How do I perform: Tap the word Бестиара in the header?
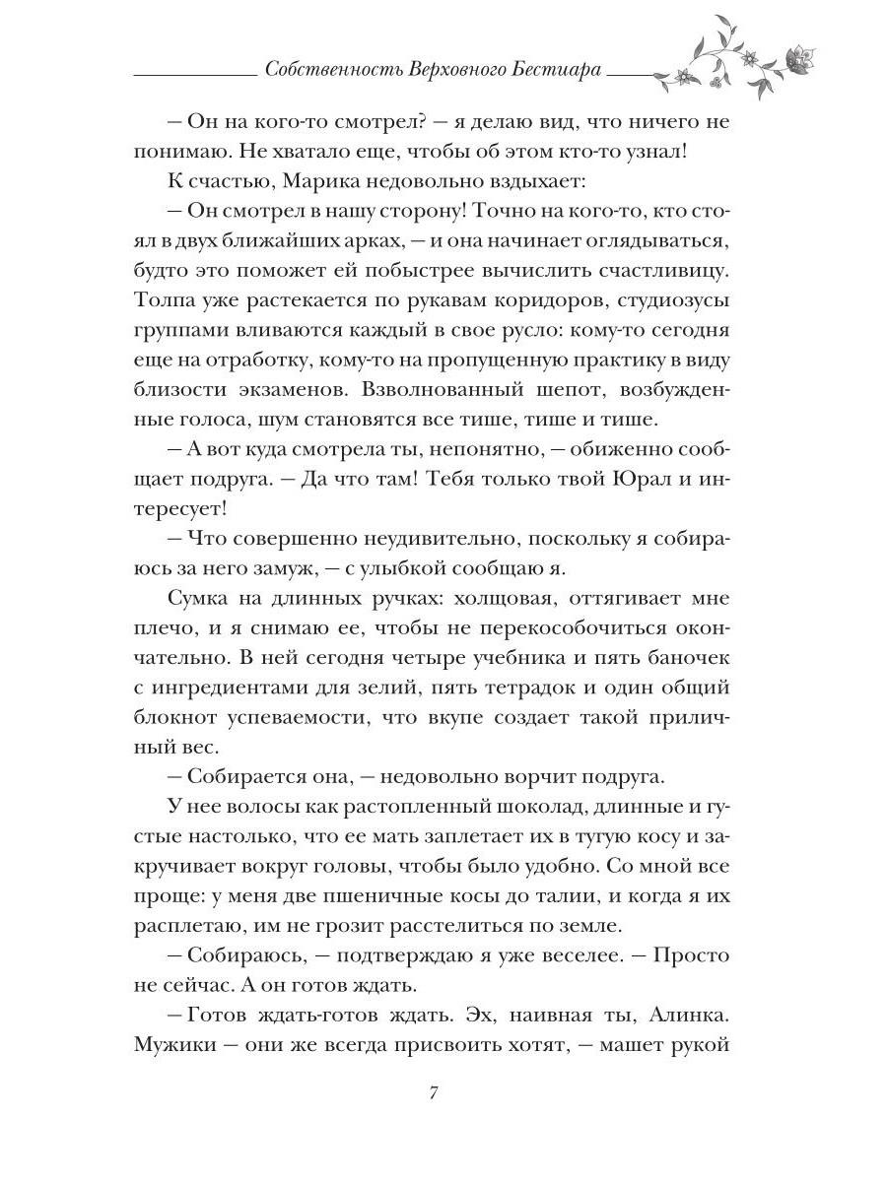[559, 73]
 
